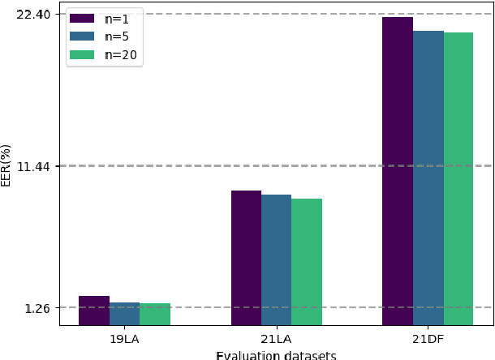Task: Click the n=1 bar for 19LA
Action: coord(94,311)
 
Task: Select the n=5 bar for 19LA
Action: coord(124,314)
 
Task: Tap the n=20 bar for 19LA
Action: coord(155,315)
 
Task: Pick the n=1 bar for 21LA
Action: coord(246,258)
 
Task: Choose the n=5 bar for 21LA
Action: coord(276,259)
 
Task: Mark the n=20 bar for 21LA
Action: coord(307,262)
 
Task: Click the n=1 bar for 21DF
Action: coord(398,171)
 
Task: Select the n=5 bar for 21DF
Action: coord(428,178)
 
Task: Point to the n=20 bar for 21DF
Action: coord(458,178)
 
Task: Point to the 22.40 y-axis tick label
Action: coord(33,15)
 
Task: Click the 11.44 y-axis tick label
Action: coord(33,166)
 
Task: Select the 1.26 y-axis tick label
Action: coord(37,308)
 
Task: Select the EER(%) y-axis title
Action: coord(6,165)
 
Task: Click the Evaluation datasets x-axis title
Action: coord(276,354)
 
